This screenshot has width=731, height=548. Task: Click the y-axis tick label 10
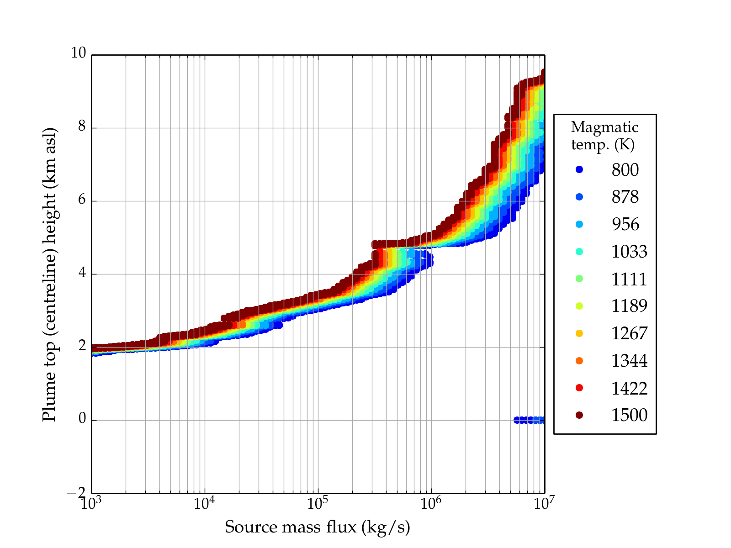click(78, 53)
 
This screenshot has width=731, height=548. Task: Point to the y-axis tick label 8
click(82, 126)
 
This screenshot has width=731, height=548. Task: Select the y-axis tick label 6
click(82, 200)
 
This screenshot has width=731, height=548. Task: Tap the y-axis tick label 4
click(82, 273)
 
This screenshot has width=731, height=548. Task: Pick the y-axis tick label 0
click(82, 419)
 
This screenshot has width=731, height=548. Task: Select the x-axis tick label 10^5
click(318, 503)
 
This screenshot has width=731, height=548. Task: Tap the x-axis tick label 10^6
click(431, 503)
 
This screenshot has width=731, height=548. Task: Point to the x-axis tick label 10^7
click(544, 503)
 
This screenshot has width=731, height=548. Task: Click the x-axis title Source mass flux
click(317, 527)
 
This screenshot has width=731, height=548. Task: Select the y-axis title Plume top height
click(49, 274)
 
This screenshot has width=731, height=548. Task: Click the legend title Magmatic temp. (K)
click(604, 136)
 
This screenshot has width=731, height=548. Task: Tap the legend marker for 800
click(579, 169)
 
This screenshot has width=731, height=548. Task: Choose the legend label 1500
click(629, 415)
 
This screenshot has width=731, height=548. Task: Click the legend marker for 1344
click(579, 361)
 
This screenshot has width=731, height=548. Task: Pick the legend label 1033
click(629, 252)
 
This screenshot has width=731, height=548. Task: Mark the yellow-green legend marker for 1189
click(579, 306)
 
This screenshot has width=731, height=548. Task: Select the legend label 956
click(625, 224)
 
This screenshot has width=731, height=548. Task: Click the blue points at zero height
click(530, 420)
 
